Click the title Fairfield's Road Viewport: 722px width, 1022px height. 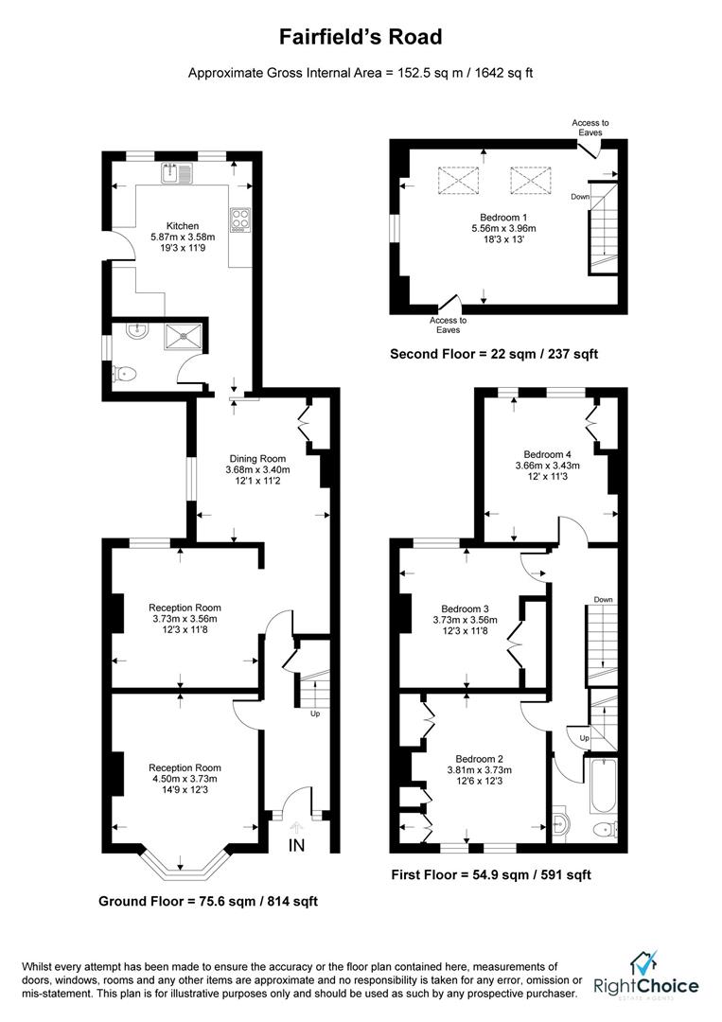[x=360, y=38]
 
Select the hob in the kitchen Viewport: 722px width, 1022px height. [x=239, y=220]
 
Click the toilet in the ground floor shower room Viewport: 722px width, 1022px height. [x=124, y=376]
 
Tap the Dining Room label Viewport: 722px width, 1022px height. [x=257, y=458]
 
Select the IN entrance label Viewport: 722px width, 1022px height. [x=296, y=845]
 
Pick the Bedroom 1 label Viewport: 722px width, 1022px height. [x=503, y=217]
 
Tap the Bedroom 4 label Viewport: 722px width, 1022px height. [x=547, y=453]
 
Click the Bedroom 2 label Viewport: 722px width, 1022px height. [x=478, y=758]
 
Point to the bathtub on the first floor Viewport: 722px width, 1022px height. [x=602, y=785]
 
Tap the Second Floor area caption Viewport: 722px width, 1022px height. [x=494, y=354]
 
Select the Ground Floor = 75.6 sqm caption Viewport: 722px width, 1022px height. [x=207, y=901]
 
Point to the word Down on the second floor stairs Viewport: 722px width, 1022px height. [x=581, y=197]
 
